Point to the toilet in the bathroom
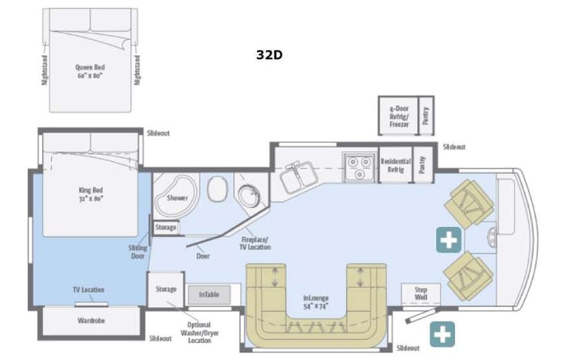216,190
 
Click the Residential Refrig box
396,166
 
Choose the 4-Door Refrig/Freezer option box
398,116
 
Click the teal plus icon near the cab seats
450,240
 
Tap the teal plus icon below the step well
442,334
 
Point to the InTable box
208,293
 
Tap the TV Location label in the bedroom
88,290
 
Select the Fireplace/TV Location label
252,244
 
